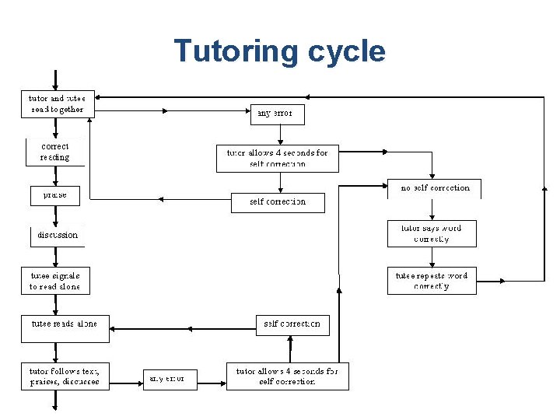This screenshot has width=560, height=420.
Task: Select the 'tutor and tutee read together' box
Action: coord(58,104)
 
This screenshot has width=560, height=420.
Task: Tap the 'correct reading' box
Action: coord(54,152)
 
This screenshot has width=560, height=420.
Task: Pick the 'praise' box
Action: coord(54,195)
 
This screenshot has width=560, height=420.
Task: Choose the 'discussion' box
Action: coord(57,235)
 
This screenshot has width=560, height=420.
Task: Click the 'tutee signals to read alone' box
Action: coord(54,281)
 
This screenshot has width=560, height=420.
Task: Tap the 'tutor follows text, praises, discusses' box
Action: coord(65,376)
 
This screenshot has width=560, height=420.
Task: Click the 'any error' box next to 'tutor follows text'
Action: coord(169,379)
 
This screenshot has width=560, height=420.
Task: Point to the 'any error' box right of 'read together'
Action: coord(277,114)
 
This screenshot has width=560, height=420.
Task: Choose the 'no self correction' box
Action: coord(434,188)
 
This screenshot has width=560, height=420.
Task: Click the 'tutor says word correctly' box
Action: coord(432,233)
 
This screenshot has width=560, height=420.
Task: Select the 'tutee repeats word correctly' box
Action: coord(432,281)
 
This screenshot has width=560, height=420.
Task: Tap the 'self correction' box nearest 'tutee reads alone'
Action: coord(292,324)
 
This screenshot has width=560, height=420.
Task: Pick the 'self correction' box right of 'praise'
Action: coord(278,202)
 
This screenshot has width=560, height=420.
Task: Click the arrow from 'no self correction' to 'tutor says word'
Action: coord(432,210)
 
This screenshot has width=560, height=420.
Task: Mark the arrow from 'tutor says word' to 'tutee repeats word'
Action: coord(432,257)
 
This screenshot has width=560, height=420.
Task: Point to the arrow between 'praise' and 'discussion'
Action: coord(54,215)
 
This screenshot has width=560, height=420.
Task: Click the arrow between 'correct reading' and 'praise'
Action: coord(54,175)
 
